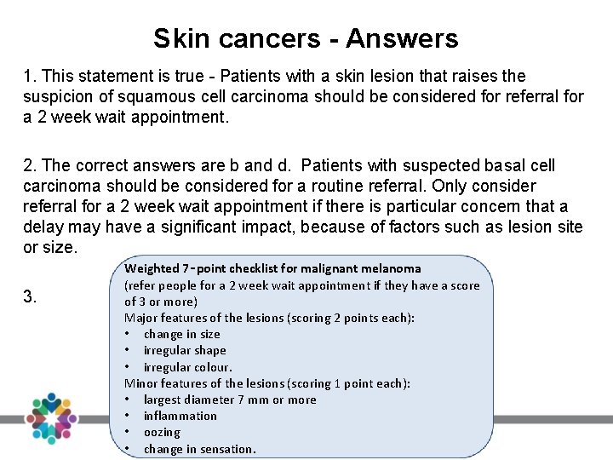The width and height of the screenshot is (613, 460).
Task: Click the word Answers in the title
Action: (402, 38)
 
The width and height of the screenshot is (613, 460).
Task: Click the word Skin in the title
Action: (175, 38)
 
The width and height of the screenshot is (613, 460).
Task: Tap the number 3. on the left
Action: (30, 296)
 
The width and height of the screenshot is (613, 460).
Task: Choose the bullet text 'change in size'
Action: (181, 334)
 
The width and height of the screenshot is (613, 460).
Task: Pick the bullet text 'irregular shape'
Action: (185, 350)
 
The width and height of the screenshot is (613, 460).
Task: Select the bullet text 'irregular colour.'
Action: (187, 367)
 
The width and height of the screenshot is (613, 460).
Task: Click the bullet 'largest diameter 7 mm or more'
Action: (230, 400)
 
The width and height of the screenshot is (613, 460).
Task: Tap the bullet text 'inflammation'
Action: (180, 416)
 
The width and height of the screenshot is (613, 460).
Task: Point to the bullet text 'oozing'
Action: (162, 432)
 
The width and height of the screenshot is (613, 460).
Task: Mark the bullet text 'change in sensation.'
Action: (199, 449)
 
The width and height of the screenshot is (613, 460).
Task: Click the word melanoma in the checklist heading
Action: (391, 268)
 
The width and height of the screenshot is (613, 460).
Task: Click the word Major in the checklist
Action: (140, 318)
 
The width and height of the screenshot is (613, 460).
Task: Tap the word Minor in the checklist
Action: (141, 383)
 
